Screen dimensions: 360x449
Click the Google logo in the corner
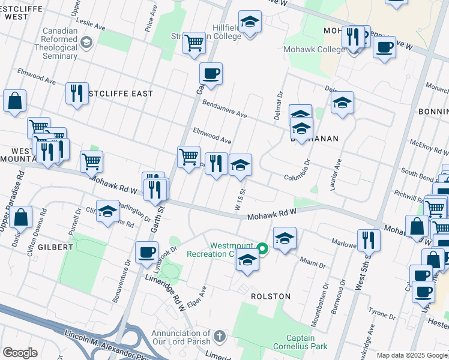[x=20, y=353]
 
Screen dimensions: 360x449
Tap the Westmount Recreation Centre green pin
[x=262, y=247]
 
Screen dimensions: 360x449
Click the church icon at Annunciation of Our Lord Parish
[x=220, y=335]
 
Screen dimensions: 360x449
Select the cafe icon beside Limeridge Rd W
[x=146, y=253]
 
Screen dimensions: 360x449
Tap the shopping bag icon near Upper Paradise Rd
[x=21, y=218]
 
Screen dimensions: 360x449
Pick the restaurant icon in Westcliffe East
[x=77, y=93]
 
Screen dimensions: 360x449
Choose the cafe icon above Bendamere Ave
[x=211, y=74]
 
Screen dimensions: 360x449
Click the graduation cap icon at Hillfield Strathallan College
[x=250, y=22]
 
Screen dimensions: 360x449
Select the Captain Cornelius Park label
[x=309, y=341]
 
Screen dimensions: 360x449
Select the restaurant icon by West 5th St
[x=369, y=239]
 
